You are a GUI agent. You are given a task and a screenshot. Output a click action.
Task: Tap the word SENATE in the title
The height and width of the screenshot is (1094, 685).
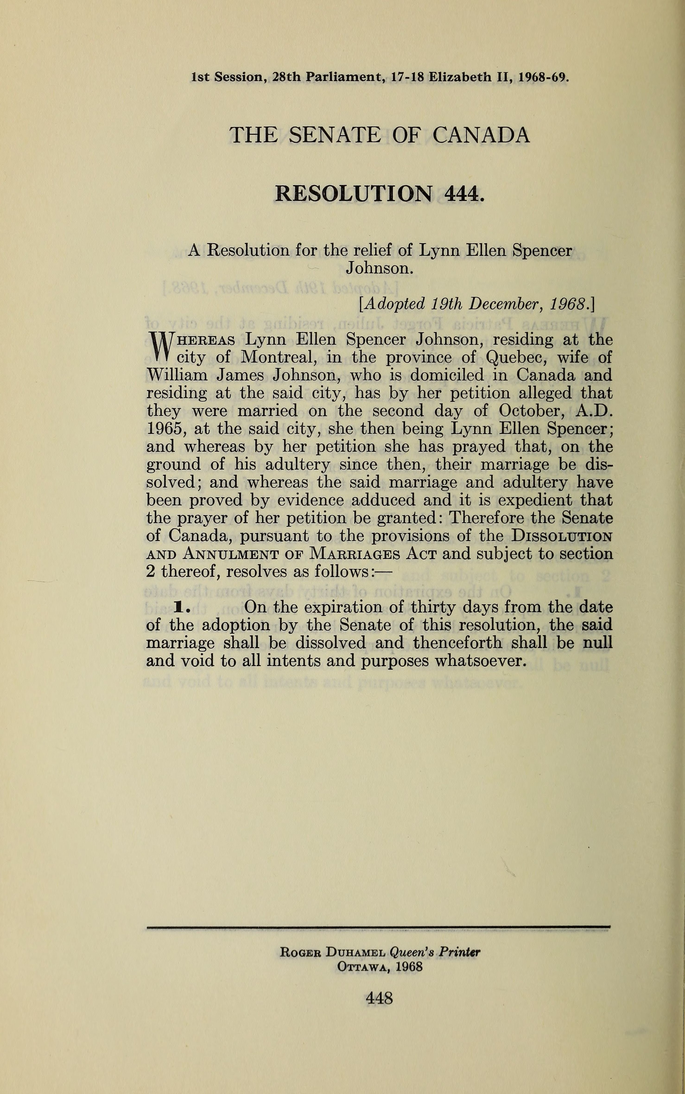pos(334,135)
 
